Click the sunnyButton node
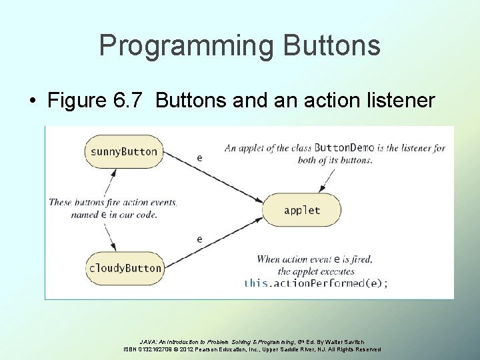pos(124,151)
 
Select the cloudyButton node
pos(125,268)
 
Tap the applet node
pos(302,210)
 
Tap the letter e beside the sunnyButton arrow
pos(200,158)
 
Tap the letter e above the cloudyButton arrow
pos(200,239)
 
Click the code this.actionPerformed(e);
pos(315,283)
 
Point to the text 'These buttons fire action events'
pos(113,202)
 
